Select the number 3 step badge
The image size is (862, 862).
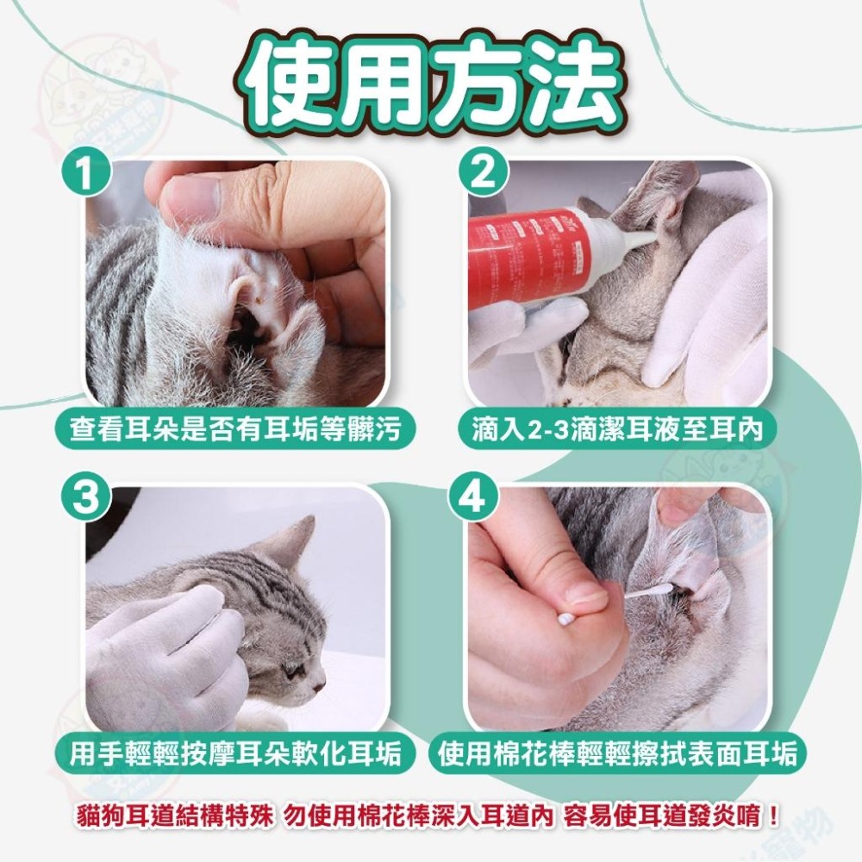[86, 497]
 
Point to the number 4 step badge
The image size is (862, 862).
[474, 497]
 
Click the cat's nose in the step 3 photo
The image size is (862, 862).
[318, 685]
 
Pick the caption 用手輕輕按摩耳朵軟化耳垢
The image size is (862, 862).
[234, 753]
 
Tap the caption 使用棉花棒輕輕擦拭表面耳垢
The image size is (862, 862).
[617, 753]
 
